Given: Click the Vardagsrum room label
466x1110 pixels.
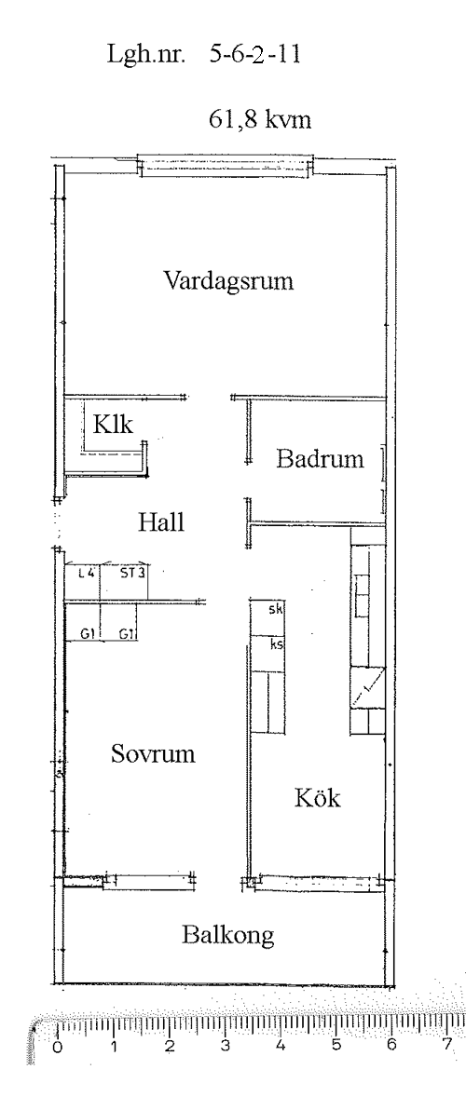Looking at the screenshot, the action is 228,281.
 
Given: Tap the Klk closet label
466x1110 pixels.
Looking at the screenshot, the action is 114,424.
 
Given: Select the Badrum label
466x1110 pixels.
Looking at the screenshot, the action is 320,459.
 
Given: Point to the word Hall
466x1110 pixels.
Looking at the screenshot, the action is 160,522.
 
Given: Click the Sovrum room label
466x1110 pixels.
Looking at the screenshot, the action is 153,754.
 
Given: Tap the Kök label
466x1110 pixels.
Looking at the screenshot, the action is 317,799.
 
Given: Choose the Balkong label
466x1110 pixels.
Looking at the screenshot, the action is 228,936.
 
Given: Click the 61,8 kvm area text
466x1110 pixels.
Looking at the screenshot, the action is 260,119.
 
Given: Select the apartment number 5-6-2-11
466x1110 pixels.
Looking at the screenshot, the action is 255,55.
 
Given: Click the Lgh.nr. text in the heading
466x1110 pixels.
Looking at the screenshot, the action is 146,56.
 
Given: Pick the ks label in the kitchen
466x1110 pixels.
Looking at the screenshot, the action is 276,645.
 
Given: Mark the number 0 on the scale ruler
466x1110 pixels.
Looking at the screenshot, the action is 58,1047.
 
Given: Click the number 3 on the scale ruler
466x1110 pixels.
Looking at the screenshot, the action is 225,1046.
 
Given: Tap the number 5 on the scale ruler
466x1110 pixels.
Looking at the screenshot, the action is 336,1045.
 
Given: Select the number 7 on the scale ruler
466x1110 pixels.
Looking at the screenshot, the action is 447,1044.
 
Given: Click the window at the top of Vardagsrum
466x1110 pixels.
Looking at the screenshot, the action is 226,166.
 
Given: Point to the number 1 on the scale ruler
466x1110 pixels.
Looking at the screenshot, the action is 114,1047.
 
